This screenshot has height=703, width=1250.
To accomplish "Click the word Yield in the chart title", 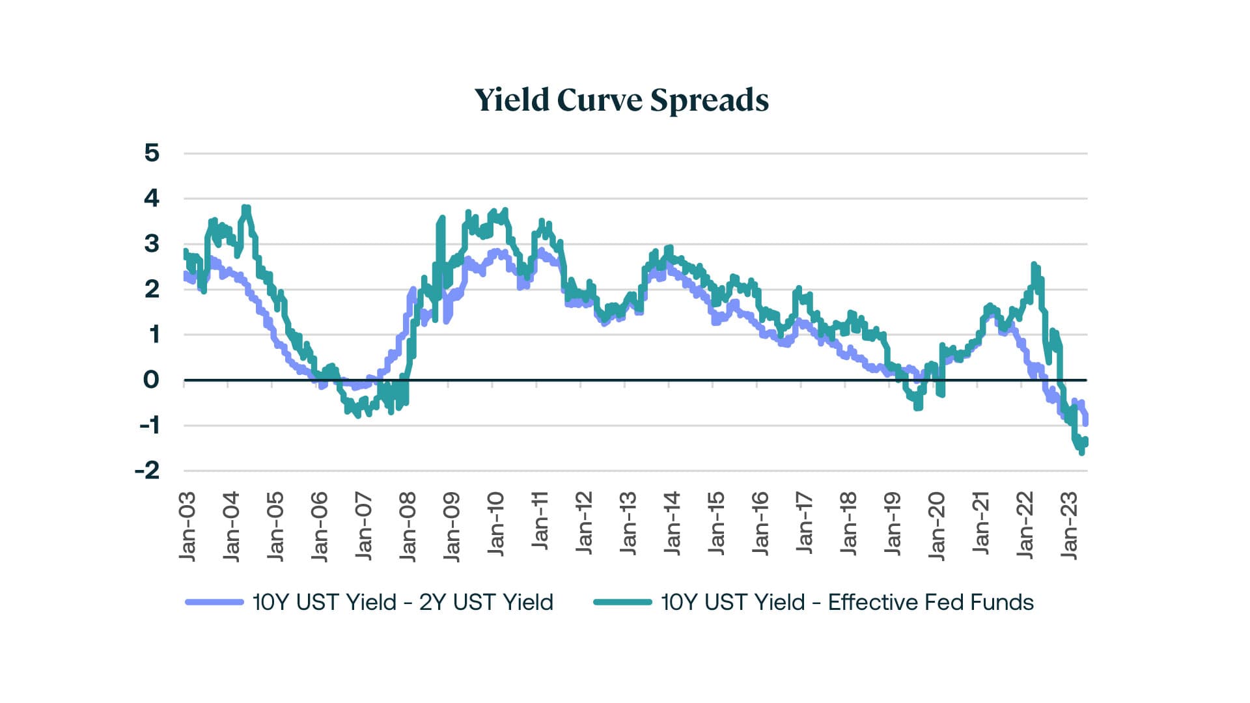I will coord(512,100).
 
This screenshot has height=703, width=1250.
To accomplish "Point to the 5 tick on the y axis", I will coord(152,153).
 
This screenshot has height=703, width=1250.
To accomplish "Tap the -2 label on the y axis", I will coord(148,471).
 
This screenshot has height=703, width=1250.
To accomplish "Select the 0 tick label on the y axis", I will coord(151,379).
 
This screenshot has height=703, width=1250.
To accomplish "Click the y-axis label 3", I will coord(152,244).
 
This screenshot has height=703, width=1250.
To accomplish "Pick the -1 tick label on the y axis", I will coord(149,425).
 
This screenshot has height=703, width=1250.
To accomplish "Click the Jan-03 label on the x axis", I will coord(187,526).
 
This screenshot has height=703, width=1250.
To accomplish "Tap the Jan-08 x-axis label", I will coord(408,526).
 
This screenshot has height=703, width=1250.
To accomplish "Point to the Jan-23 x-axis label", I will coord(1069,526).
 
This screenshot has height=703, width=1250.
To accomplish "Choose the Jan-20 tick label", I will coord(936,526).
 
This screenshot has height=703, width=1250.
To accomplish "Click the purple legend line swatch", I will coord(214,602).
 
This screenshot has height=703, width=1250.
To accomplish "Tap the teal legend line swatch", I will coord(622,602).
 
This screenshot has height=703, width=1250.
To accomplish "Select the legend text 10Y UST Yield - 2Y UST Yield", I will coord(402,602).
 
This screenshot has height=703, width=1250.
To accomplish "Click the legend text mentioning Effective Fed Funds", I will coord(847,602).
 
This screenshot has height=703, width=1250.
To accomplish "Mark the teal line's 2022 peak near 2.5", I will coord(1034,264).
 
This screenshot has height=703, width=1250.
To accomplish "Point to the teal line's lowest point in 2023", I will coord(1081,452).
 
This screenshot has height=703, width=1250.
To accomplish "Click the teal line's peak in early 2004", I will coord(245,208).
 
